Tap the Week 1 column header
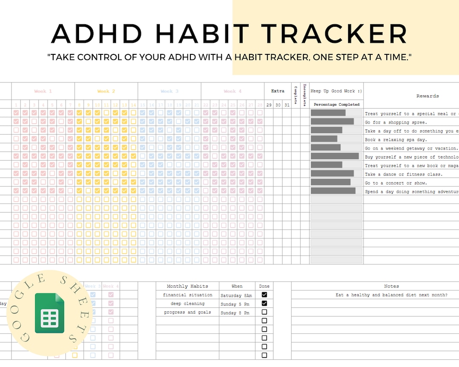pyautogui.click(x=43, y=91)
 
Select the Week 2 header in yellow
pyautogui.click(x=106, y=91)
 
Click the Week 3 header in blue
pyautogui.click(x=169, y=91)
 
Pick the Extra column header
pyautogui.click(x=278, y=91)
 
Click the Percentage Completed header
pyautogui.click(x=337, y=104)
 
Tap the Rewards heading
pyautogui.click(x=428, y=96)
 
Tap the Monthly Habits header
pyautogui.click(x=187, y=286)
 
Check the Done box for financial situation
pyautogui.click(x=264, y=294)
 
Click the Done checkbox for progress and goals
pyautogui.click(x=264, y=312)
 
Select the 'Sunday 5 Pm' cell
pyautogui.click(x=235, y=304)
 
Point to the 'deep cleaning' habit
pyautogui.click(x=187, y=304)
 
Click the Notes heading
pyautogui.click(x=391, y=286)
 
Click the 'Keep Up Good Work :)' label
pyautogui.click(x=336, y=91)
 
